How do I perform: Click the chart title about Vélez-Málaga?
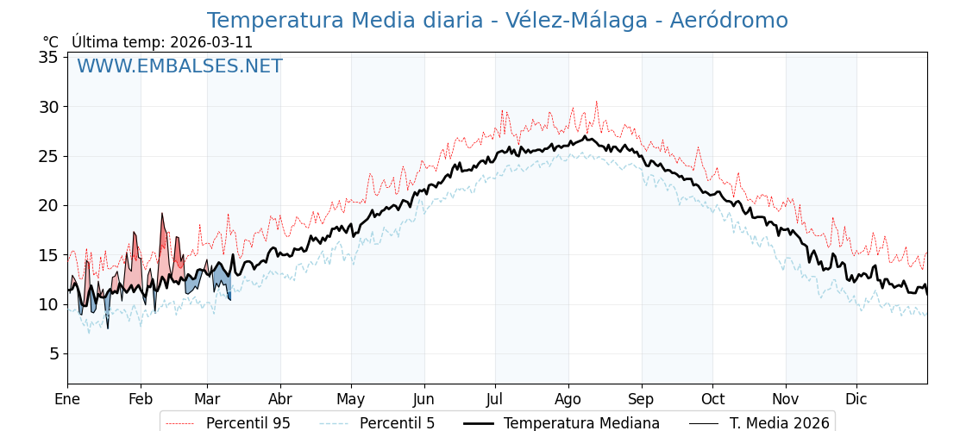click(497, 21)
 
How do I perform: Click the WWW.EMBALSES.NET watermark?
click(179, 66)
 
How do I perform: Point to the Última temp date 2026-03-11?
click(211, 42)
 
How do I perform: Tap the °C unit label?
click(50, 42)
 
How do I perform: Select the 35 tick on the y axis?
click(48, 58)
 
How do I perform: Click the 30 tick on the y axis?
click(48, 107)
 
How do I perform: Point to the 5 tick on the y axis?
click(53, 353)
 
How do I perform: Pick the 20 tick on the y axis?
click(48, 205)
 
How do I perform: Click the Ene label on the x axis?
click(67, 399)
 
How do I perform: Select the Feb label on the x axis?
click(141, 399)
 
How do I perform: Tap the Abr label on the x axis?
click(280, 399)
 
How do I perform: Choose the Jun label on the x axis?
click(424, 399)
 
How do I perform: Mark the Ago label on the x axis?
click(568, 399)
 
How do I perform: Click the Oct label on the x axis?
click(712, 399)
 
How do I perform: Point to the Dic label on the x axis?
click(856, 399)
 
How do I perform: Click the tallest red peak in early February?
click(162, 215)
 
